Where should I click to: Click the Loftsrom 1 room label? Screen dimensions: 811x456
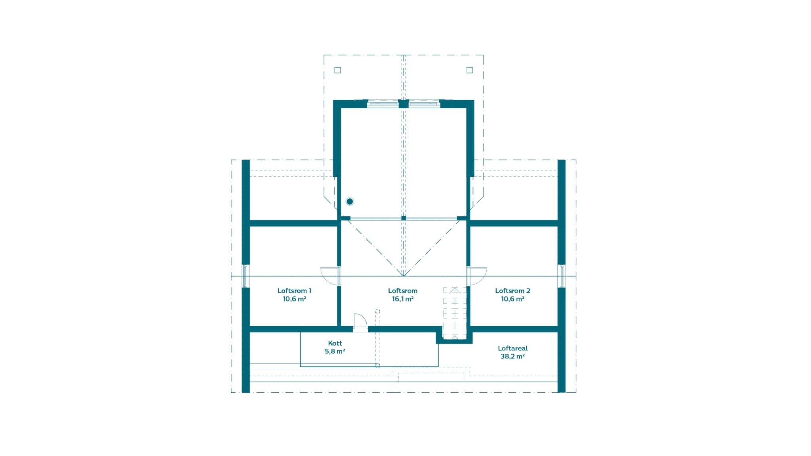tap(294, 291)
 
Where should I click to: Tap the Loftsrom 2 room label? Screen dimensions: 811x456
tap(512, 291)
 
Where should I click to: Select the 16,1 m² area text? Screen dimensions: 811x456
tap(403, 299)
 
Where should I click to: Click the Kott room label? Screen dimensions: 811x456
tap(335, 343)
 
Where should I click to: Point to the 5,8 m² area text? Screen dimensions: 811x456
tap(335, 351)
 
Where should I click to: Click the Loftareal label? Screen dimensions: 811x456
tap(513, 348)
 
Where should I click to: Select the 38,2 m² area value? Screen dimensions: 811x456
tap(513, 356)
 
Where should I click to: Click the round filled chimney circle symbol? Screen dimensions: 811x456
tap(350, 201)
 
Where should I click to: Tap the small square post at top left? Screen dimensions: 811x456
tap(337, 70)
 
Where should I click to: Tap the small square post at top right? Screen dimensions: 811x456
tap(470, 70)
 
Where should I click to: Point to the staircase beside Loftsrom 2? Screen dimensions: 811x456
tap(455, 313)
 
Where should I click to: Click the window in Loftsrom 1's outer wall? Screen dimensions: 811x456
tap(246, 276)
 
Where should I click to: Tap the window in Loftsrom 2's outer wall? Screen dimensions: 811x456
tap(562, 276)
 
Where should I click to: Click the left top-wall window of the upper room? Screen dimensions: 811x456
tap(383, 104)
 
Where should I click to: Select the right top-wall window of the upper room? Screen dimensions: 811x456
tap(424, 104)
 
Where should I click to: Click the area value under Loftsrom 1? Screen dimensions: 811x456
tap(294, 299)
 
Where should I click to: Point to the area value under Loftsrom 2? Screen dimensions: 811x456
tap(512, 299)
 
